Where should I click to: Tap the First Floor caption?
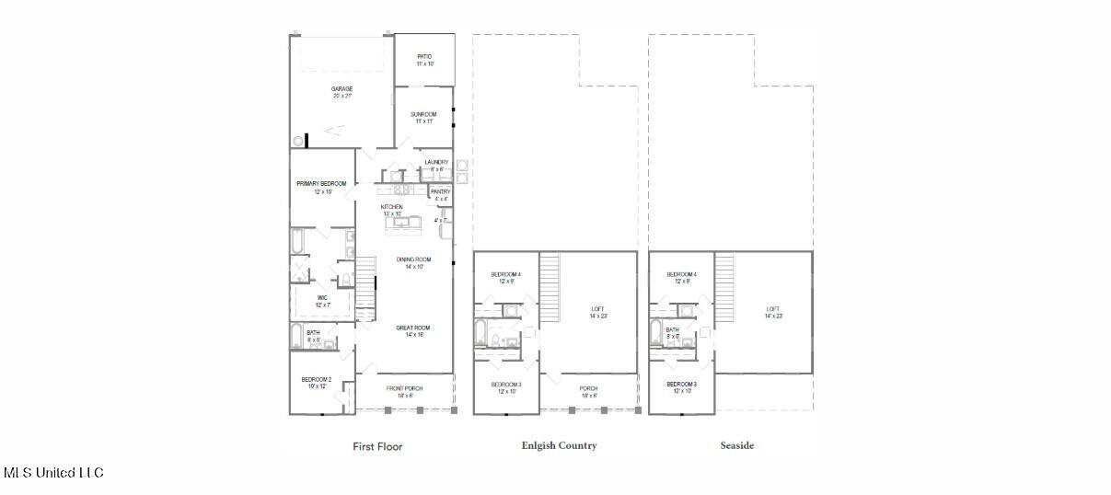377,446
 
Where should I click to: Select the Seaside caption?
736,445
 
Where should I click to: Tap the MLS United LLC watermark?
53,473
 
